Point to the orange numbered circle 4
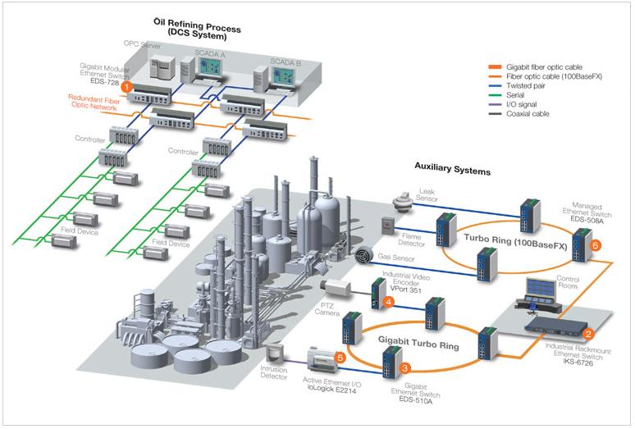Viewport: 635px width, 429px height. (x=389, y=302)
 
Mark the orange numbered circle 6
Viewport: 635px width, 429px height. (x=596, y=244)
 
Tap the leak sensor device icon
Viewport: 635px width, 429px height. (x=404, y=199)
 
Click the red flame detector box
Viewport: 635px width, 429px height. (x=389, y=224)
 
